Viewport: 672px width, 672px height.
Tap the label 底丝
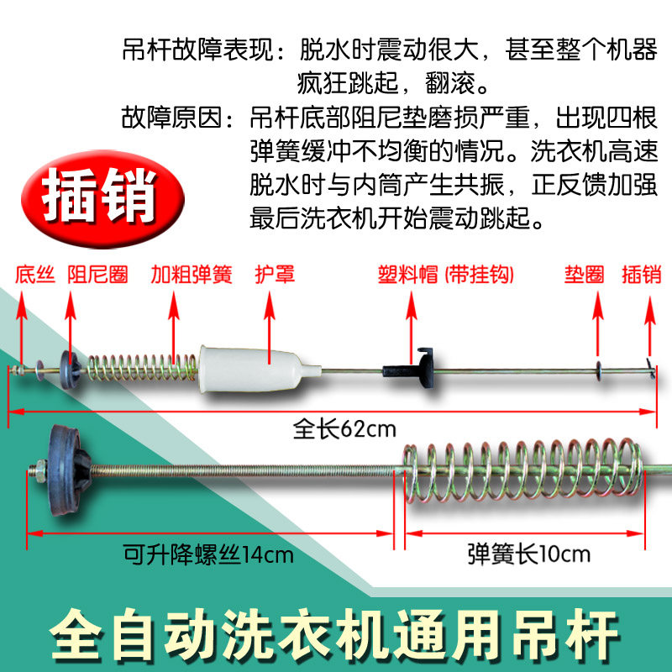[34, 275]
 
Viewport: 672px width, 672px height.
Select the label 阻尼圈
[97, 275]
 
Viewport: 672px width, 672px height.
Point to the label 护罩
[275, 275]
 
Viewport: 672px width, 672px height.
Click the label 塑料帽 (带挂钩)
[444, 275]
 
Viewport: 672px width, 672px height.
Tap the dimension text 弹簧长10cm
[528, 554]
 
